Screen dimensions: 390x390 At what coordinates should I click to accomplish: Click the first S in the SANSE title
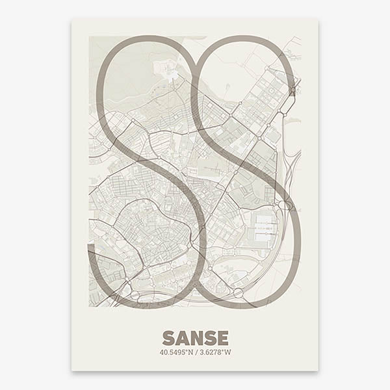[168, 338]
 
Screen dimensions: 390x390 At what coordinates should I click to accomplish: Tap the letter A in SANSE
[182, 338]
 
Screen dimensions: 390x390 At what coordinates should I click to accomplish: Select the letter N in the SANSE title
[196, 338]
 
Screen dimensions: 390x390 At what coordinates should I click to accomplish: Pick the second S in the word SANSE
[210, 338]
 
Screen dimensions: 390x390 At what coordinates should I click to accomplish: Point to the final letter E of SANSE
[222, 338]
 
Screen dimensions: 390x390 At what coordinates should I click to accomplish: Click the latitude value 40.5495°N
[176, 353]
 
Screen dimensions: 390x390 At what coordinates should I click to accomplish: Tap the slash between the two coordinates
[195, 353]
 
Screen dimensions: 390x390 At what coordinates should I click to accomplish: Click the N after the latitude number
[189, 353]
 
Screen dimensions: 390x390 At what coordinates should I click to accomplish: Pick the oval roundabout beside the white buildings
[284, 205]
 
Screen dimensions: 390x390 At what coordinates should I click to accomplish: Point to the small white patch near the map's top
[171, 73]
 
